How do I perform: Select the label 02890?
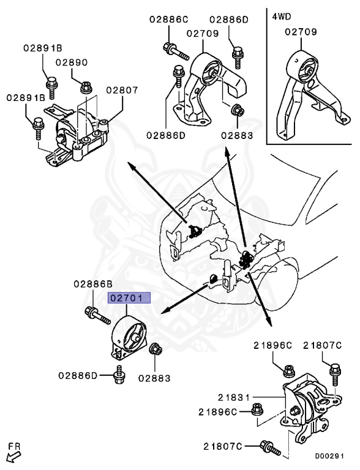[72, 62]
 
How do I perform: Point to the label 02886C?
[168, 19]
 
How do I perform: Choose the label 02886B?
[93, 284]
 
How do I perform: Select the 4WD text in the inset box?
[282, 17]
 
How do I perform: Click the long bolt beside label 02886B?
[97, 314]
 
